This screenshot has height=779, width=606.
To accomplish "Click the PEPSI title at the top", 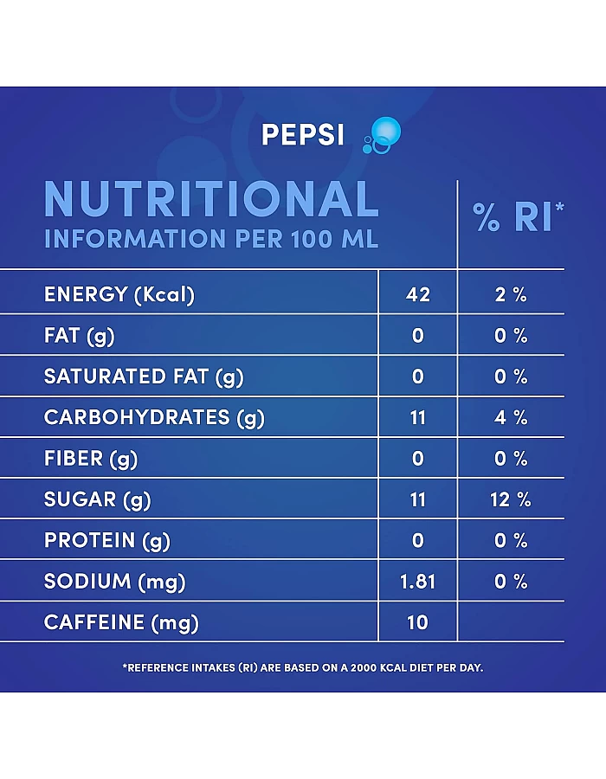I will (x=302, y=136).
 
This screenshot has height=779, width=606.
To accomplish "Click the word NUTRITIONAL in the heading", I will (x=211, y=199).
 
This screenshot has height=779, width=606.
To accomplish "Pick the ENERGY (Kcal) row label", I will (x=119, y=294).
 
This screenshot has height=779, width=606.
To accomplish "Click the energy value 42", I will (x=418, y=294).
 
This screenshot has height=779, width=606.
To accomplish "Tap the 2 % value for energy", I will (x=511, y=294).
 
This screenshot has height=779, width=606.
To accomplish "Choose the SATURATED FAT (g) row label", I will (x=144, y=377).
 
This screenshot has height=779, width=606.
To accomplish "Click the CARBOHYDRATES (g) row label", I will (x=154, y=417).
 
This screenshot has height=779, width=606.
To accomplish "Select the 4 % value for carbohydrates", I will (x=511, y=417).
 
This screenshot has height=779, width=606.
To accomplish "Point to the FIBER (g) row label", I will (x=91, y=458).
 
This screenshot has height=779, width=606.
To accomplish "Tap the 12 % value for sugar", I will (x=511, y=499).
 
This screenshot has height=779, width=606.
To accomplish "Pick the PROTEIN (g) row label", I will (x=107, y=540).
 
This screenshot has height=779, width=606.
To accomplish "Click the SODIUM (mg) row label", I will (x=115, y=582).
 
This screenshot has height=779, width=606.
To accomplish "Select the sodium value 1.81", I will (x=418, y=582).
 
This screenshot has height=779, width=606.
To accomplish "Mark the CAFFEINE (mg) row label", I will (x=121, y=622).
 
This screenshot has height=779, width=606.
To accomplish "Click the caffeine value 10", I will (x=418, y=622).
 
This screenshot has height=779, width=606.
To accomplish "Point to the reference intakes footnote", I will (x=303, y=667).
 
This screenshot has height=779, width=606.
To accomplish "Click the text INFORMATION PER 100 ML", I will (x=211, y=239).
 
